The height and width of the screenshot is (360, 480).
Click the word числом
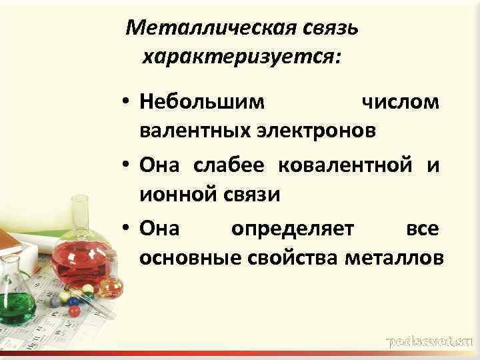(399, 102)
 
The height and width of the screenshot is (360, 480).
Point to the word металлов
(393, 258)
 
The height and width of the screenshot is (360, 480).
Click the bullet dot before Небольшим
(125, 103)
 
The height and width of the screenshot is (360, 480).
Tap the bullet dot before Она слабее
(125, 167)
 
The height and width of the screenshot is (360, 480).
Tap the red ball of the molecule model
(74, 311)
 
